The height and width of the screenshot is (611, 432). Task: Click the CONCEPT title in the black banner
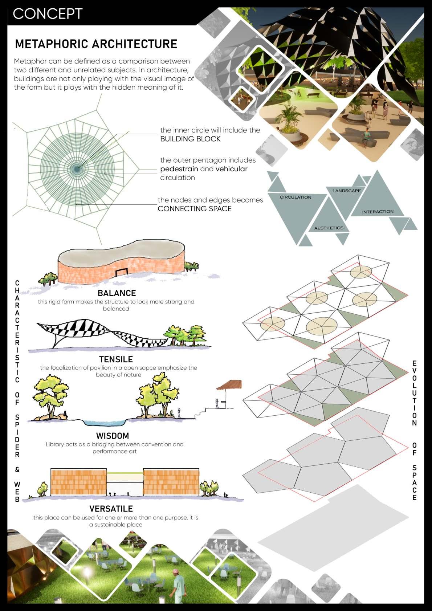48,14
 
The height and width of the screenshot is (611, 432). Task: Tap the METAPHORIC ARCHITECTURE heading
96,44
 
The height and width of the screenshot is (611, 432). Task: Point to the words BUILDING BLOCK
190,139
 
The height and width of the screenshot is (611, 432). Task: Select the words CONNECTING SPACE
194,209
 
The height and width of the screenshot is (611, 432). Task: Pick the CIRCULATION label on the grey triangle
295,197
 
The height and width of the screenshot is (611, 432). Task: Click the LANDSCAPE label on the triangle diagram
346,191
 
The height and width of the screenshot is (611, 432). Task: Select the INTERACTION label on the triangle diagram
378,211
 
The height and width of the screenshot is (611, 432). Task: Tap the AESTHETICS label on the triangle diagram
329,228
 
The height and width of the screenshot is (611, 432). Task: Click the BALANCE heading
117,293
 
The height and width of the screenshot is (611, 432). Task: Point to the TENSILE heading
116,359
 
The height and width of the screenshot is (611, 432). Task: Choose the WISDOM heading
112,436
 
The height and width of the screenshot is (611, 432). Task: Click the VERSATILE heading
111,509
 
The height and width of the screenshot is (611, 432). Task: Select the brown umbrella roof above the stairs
229,384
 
